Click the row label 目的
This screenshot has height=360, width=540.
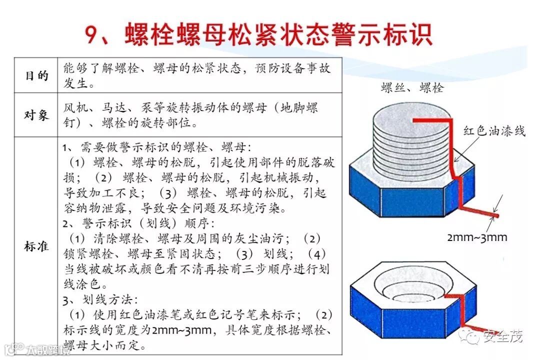(x=36, y=75)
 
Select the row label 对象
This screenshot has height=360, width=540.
(x=36, y=115)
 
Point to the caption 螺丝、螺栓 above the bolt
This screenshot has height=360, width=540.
(x=411, y=88)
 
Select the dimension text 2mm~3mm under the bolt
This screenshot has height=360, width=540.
(x=476, y=237)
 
